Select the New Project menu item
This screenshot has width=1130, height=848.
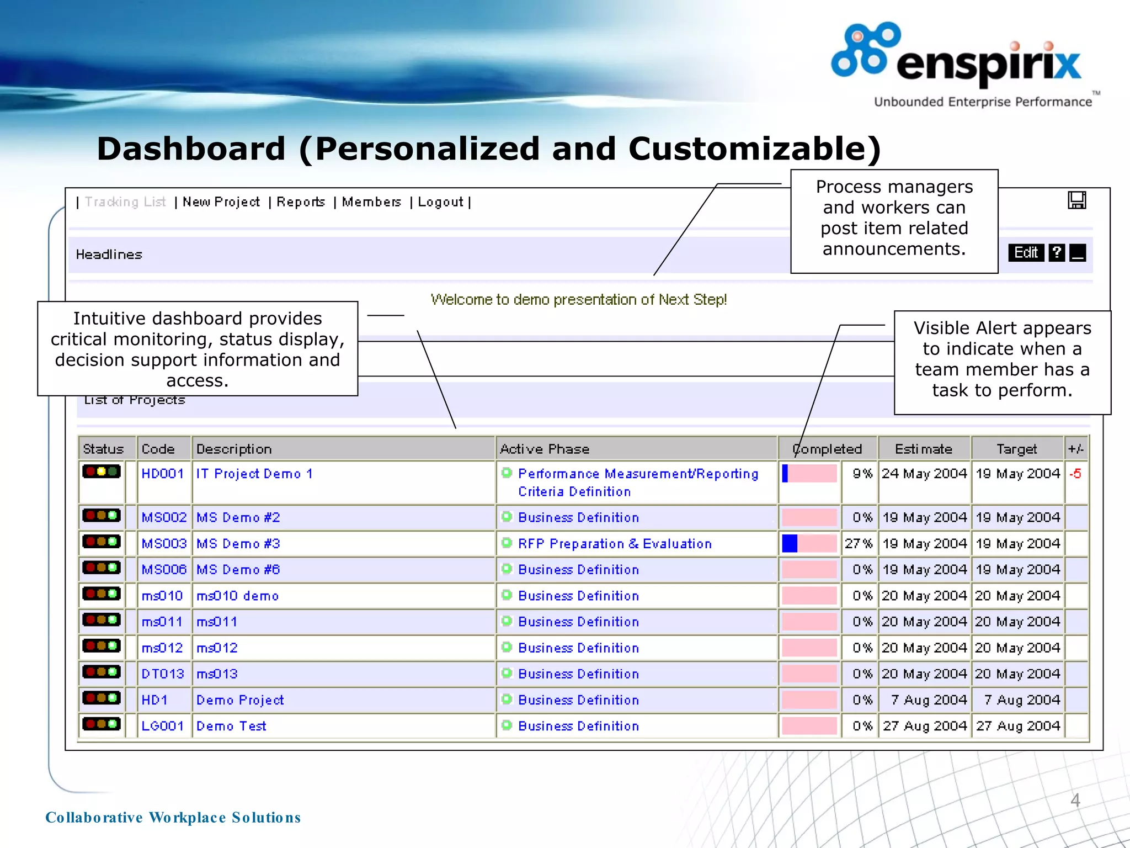coord(221,202)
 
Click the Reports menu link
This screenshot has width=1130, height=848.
coord(301,202)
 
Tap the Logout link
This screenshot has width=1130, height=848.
coord(440,202)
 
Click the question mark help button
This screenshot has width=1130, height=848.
coord(1056,253)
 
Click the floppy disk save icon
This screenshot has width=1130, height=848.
coord(1076,200)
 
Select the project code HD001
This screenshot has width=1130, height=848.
coord(162,474)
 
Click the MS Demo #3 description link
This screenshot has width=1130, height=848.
coord(238,544)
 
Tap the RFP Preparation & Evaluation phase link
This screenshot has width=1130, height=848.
coord(615,544)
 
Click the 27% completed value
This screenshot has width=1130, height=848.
coord(859,544)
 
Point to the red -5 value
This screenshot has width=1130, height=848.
coord(1075,474)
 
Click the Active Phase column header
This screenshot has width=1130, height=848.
coord(545,449)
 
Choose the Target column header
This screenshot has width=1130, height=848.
coord(1016,449)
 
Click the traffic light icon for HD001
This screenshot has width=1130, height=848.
coord(102,471)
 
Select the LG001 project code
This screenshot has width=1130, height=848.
coord(162,726)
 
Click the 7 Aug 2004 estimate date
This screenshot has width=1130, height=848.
coord(929,700)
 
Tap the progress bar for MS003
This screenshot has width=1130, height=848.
coord(809,544)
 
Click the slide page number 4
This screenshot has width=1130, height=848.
coord(1075,800)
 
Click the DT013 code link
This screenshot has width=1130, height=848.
coord(162,674)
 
